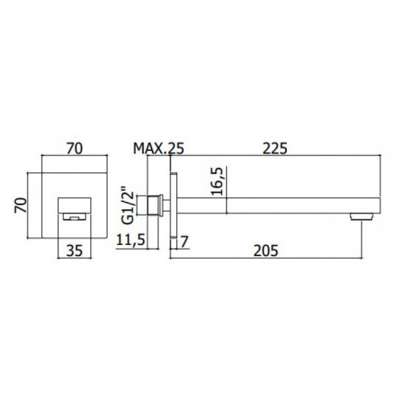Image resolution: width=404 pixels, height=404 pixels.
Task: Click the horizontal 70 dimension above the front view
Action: point(74,149)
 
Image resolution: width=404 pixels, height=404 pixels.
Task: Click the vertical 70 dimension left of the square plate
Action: point(21,205)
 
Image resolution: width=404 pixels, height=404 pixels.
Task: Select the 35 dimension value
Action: point(74,250)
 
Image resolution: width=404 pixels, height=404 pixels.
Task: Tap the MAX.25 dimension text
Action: point(158,149)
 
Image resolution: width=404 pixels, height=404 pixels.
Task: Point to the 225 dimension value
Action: point(275,149)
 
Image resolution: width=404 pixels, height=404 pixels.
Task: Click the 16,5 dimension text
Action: point(217,181)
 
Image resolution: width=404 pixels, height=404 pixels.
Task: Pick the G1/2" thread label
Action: point(128,205)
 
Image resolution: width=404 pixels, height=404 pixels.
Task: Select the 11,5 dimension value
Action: point(131,239)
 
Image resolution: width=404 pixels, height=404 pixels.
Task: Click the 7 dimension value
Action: point(184,242)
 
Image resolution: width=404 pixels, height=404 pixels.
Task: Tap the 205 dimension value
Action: point(266,250)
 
